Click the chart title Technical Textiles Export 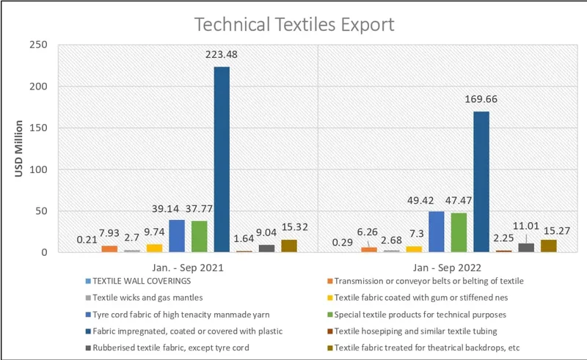coord(293,24)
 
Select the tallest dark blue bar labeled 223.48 coord(222,159)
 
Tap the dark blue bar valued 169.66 coord(481,181)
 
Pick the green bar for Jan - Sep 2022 coord(459,232)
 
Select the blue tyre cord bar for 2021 coord(177,236)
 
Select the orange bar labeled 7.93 coord(109,249)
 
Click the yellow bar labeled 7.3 coord(415,249)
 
